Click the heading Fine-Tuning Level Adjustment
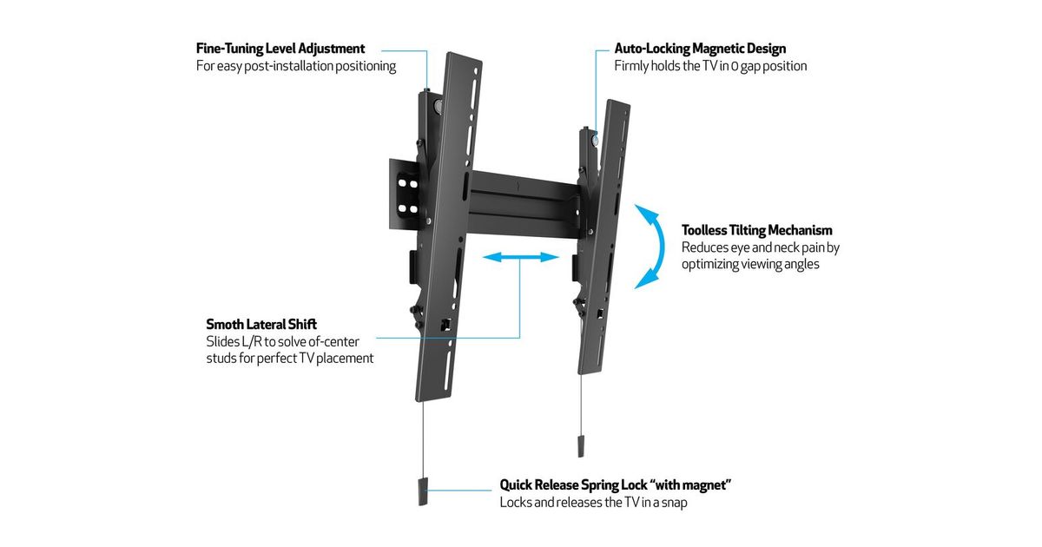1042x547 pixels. point(280,49)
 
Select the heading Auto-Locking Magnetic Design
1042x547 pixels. point(700,49)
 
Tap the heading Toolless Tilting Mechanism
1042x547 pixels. point(756,230)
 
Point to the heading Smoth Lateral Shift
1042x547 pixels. point(261,324)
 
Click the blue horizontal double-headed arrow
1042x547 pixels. point(520,257)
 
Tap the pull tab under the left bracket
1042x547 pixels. point(423,491)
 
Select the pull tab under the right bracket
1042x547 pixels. point(579,444)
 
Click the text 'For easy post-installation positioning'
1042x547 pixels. point(296,66)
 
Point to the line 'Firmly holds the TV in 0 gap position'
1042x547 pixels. point(710,66)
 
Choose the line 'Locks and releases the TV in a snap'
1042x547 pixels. point(593,502)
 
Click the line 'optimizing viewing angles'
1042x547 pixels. point(750,264)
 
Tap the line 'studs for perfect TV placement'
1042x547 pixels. point(290,358)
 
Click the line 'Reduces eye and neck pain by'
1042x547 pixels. point(760,247)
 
